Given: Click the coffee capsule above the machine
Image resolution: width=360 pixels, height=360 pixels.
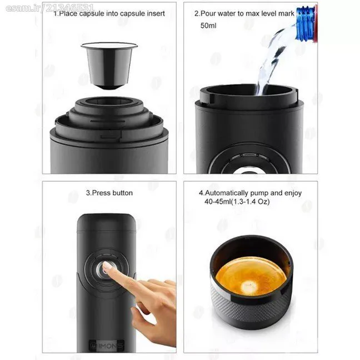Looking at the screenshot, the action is tap(109, 66).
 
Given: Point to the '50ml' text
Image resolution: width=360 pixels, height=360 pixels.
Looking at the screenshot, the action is tap(208, 26).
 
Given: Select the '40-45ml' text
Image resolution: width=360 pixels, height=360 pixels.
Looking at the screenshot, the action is tap(218, 202).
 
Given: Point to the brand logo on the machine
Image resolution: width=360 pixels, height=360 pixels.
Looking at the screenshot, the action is tap(107, 346).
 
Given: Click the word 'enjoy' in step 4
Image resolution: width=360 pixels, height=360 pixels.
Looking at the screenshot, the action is tap(293, 193).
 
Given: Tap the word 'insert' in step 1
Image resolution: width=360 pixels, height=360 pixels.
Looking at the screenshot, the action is tap(156, 13).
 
